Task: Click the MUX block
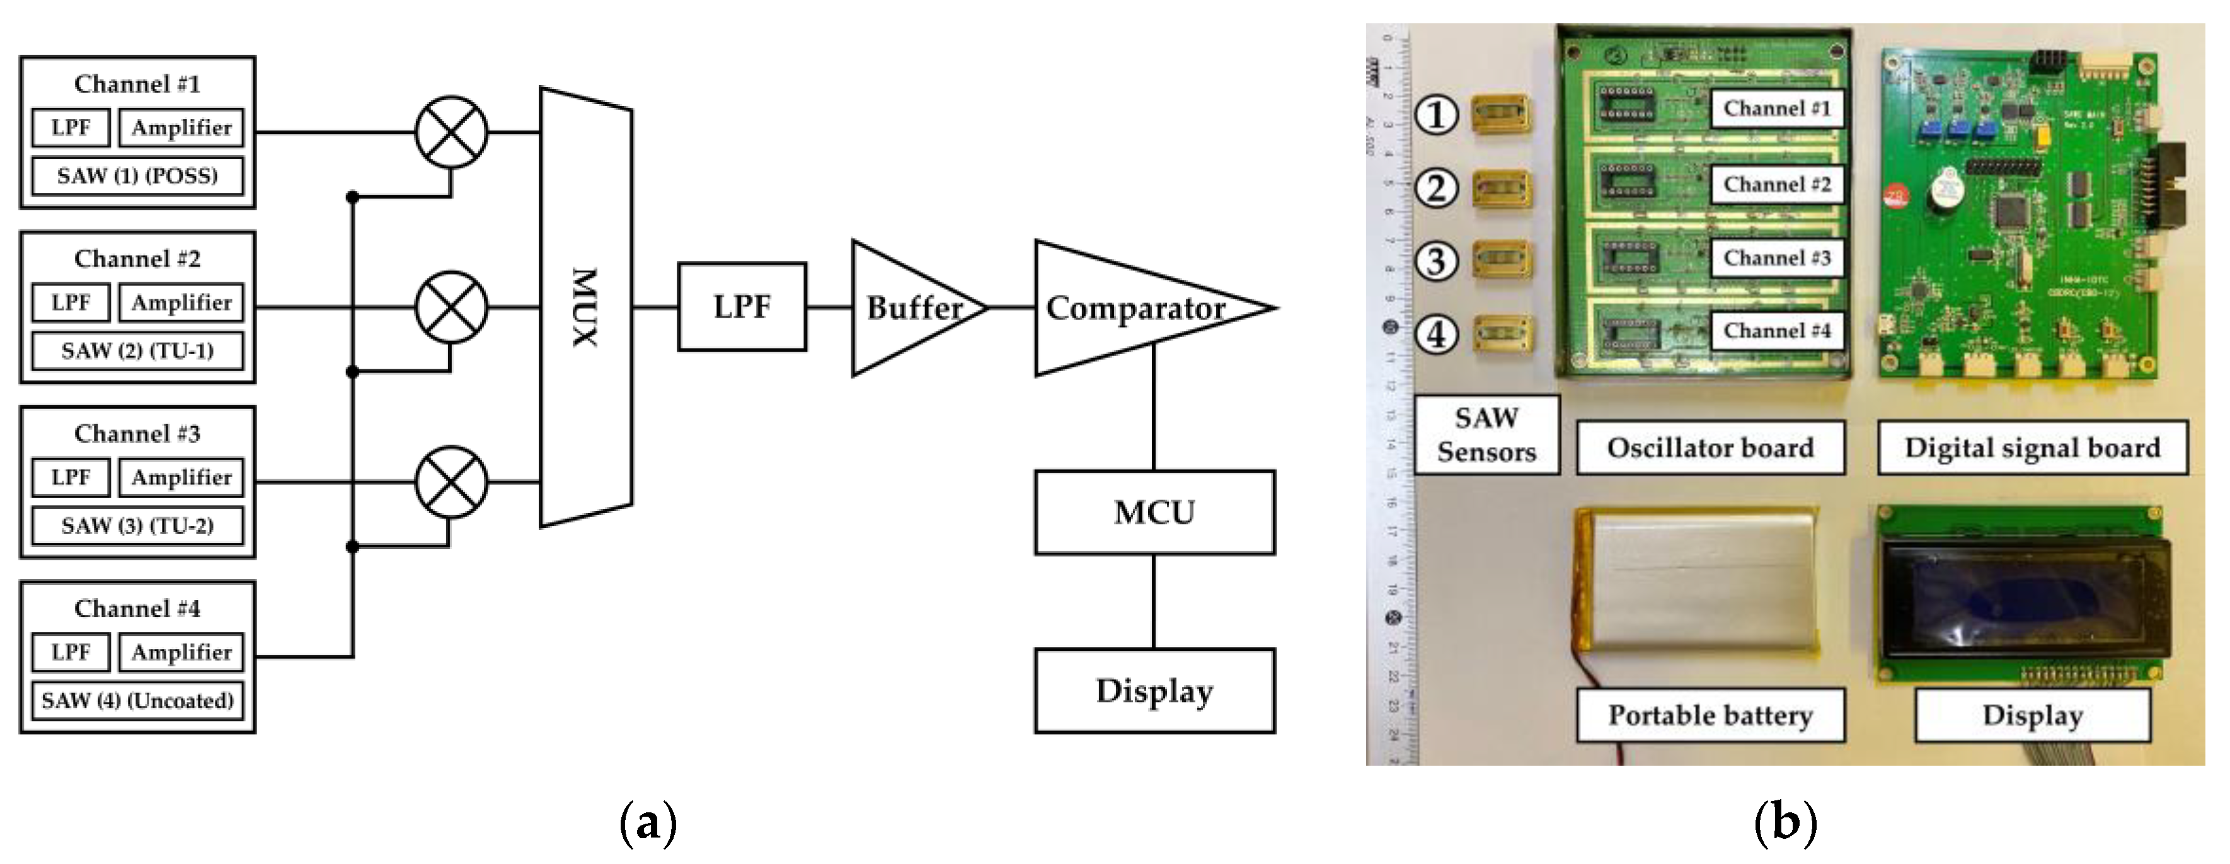point(586,308)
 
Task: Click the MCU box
point(1154,512)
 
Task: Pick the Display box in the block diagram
point(1154,691)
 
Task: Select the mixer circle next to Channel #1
point(451,132)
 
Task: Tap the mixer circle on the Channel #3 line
point(451,482)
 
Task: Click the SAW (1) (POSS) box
point(137,176)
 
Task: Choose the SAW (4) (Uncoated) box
point(137,700)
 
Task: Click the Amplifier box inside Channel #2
point(181,302)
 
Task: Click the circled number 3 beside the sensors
point(1436,260)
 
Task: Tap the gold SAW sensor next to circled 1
point(1502,114)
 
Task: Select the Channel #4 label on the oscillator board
point(1776,331)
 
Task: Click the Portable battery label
point(1710,715)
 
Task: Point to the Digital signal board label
point(2032,447)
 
